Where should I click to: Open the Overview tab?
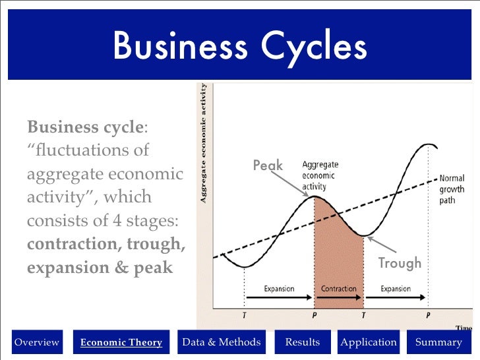click(x=37, y=342)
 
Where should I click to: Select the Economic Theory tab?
click(x=121, y=342)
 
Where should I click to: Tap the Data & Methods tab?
click(x=221, y=342)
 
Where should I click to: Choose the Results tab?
click(x=302, y=342)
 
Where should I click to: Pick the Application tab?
click(x=369, y=342)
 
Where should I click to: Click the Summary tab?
click(x=438, y=342)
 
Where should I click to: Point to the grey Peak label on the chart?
click(x=268, y=165)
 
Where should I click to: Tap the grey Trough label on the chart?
click(x=399, y=263)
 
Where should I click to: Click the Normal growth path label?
click(x=452, y=189)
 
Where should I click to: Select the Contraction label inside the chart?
click(x=338, y=289)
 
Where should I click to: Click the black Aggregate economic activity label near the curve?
click(x=318, y=176)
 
